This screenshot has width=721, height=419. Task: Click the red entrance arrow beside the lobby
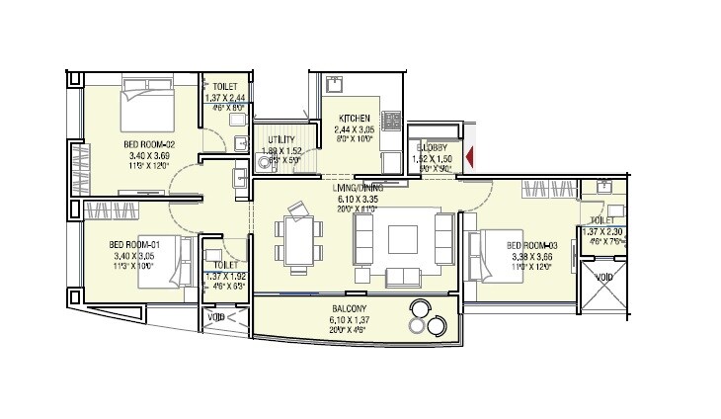click(x=471, y=156)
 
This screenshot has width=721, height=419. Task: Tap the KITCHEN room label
click(x=354, y=117)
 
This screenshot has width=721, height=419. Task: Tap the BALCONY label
click(x=350, y=308)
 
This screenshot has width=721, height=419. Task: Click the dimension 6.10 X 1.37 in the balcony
click(x=350, y=320)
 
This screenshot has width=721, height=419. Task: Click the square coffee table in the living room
click(x=403, y=241)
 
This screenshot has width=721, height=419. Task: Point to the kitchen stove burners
click(x=391, y=123)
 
